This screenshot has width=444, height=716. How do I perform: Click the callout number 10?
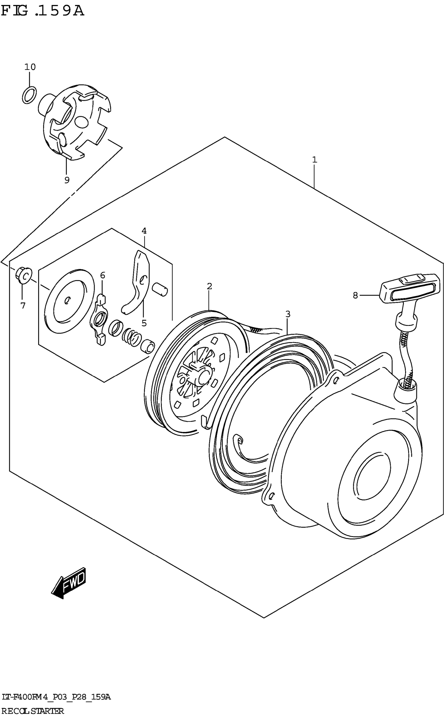point(30,67)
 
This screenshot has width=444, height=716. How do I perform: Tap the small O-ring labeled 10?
point(29,95)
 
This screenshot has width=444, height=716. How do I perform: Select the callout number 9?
point(67,180)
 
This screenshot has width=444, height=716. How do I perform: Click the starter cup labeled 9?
point(76,123)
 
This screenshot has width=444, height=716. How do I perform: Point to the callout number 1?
point(314,160)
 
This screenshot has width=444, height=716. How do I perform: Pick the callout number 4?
point(144,231)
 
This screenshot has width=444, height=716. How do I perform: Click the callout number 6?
point(102,275)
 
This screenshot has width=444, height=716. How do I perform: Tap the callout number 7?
point(23,306)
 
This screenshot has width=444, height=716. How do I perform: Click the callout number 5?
point(144,323)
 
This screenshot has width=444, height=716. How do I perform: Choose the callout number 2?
point(209,286)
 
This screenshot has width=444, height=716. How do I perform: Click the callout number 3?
point(288,314)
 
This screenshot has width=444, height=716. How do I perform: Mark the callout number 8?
point(355,296)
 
